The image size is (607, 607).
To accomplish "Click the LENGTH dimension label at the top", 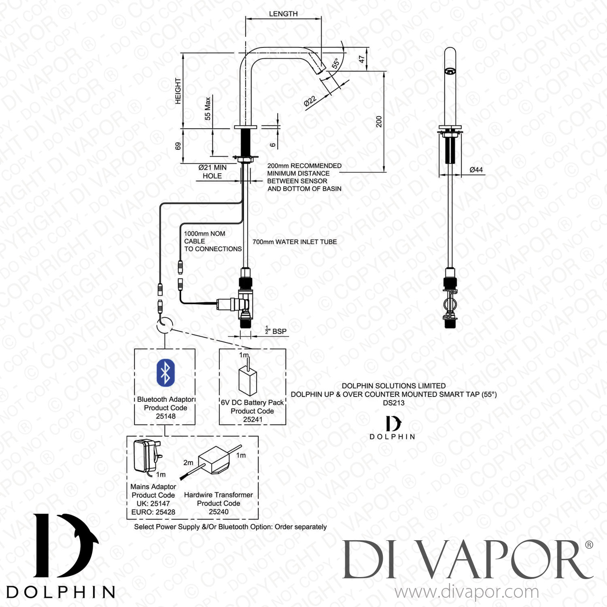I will tap(283, 14).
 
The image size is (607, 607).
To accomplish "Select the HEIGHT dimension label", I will tap(178, 91).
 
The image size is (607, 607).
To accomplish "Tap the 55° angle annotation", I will tap(335, 63).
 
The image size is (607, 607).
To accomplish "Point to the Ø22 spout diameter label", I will tap(310, 101).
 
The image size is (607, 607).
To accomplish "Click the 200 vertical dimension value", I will tap(379, 121).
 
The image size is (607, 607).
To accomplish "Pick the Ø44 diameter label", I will tap(476, 170).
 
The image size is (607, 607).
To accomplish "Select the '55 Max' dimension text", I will tap(208, 108).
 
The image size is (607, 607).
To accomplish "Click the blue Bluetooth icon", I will tap(166, 373).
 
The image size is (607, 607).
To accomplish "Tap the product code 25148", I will tap(166, 416).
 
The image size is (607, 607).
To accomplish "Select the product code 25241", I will tap(253, 420).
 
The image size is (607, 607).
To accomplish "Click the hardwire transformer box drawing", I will tap(214, 460).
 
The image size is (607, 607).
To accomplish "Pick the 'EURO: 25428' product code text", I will tap(153, 512).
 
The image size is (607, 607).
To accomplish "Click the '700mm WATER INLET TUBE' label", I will tap(295, 242).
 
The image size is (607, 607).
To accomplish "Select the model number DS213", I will tap(393, 403).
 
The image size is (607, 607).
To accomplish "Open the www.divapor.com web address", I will tap(467, 592).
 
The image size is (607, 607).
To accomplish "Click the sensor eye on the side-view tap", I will tap(450, 71).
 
